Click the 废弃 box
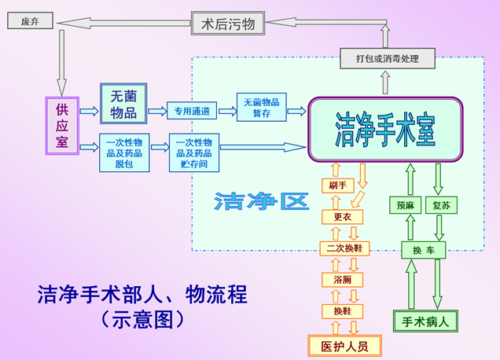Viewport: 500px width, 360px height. (31, 20)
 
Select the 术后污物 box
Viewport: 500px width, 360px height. (228, 24)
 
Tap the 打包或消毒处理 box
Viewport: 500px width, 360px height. (388, 58)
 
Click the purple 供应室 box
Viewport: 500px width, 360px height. (62, 126)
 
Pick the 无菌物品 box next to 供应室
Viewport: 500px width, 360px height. (123, 104)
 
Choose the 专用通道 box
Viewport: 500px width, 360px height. (192, 111)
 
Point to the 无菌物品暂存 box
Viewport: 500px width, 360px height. (262, 107)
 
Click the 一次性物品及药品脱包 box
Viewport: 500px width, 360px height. (124, 152)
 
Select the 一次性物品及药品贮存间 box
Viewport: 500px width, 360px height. (194, 152)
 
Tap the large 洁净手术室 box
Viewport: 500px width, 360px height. (385, 130)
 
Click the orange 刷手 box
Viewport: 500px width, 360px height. (338, 186)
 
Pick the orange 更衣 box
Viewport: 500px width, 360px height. (343, 217)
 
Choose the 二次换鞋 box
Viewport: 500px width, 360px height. (344, 248)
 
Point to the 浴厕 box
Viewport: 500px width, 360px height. (343, 280)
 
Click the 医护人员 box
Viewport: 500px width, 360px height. (344, 346)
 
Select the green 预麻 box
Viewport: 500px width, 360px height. (406, 205)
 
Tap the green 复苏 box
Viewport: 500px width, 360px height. (442, 205)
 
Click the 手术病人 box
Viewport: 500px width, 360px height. (425, 321)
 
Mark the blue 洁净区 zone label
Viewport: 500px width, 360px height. (262, 201)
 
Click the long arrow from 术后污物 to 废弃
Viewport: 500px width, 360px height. (123, 23)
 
